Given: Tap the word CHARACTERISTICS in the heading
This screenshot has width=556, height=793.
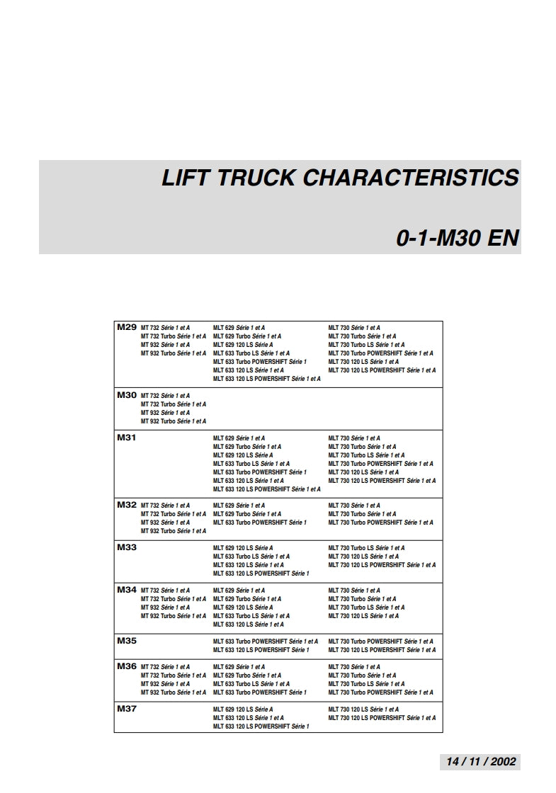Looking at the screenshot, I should click(x=411, y=178).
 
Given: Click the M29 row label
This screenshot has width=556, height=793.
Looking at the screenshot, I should click(x=127, y=327).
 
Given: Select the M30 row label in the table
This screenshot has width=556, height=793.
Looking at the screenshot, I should click(x=127, y=395).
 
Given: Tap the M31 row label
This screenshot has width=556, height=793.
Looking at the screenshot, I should click(x=127, y=438).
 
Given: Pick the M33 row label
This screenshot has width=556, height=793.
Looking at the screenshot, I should click(x=127, y=547).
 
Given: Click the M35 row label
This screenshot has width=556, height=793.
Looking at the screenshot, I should click(x=127, y=641).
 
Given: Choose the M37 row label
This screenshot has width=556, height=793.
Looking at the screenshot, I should click(x=127, y=709).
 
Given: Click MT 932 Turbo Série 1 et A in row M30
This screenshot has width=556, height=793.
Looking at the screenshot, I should click(x=174, y=421).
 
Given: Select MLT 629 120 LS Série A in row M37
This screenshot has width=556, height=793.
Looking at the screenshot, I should click(x=243, y=709).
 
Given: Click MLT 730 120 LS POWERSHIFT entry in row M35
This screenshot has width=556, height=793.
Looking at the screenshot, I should click(x=382, y=650).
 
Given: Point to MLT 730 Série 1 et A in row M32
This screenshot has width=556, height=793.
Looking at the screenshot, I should click(x=354, y=506).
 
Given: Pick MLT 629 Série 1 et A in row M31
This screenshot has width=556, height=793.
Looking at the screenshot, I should click(x=239, y=438).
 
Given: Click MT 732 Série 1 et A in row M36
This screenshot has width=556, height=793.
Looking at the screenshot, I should click(x=166, y=667).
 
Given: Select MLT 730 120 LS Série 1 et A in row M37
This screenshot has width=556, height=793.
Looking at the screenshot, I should click(x=363, y=709).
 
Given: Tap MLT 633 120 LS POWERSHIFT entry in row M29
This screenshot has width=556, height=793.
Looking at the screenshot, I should click(x=267, y=379).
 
